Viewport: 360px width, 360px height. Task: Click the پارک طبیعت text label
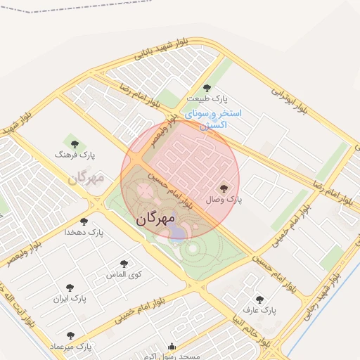(206, 100)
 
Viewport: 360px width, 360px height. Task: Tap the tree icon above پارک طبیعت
(206, 88)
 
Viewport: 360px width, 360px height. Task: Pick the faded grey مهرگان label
(86, 177)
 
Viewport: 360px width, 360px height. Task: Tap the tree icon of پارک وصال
(224, 188)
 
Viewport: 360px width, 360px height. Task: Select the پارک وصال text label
(224, 200)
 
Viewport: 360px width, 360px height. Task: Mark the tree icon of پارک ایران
(69, 288)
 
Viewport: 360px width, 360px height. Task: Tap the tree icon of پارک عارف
(260, 300)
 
